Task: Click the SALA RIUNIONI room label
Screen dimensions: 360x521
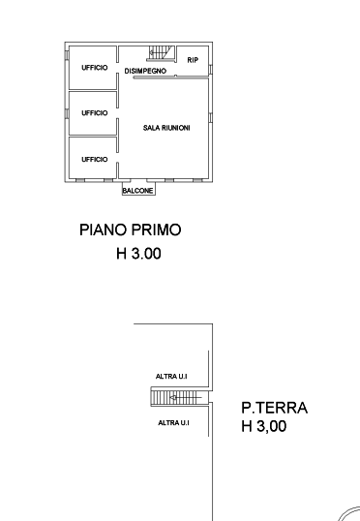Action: [x=166, y=128]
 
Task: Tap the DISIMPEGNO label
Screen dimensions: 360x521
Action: [x=145, y=71]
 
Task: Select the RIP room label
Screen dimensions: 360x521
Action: [x=193, y=60]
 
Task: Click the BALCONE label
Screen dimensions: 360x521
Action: [x=137, y=191]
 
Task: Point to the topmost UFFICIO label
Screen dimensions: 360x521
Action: [x=95, y=68]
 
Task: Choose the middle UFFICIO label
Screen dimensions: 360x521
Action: [x=95, y=113]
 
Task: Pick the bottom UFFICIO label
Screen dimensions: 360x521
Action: [x=95, y=160]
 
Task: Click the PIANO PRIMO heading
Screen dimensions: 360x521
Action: [x=131, y=230]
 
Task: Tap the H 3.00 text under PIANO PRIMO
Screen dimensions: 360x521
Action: [x=138, y=254]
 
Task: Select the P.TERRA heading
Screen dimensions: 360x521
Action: [x=274, y=408]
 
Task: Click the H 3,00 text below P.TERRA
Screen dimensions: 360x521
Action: [x=263, y=426]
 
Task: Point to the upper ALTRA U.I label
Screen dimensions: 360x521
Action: [x=171, y=377]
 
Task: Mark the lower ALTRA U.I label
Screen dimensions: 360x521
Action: [x=173, y=423]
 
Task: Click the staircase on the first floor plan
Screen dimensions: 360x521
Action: [x=161, y=53]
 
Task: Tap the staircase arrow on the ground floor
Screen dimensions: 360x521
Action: [x=186, y=397]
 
